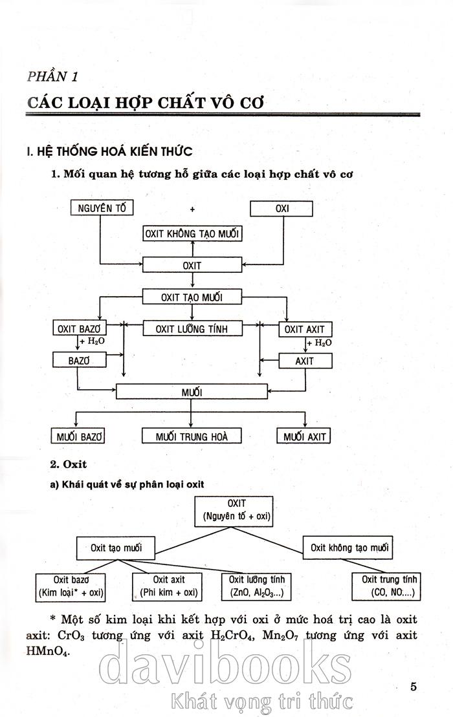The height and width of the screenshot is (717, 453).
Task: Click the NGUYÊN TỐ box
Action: pyautogui.click(x=102, y=208)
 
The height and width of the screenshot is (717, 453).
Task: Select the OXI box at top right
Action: pyautogui.click(x=281, y=208)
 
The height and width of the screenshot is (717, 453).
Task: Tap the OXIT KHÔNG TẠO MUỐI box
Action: pyautogui.click(x=192, y=233)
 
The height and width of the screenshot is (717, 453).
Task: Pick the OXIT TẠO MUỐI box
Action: pyautogui.click(x=192, y=297)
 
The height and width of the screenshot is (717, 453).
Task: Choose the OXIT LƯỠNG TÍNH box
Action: pyautogui.click(x=192, y=328)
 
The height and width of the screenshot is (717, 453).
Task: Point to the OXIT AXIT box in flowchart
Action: pyautogui.click(x=304, y=328)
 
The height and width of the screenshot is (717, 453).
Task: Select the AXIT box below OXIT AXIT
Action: pyautogui.click(x=304, y=361)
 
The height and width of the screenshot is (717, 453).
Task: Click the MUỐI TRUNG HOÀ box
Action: pyautogui.click(x=192, y=436)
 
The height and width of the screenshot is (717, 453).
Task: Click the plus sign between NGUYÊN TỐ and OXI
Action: pyautogui.click(x=192, y=209)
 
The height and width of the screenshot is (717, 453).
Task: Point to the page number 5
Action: pyautogui.click(x=413, y=668)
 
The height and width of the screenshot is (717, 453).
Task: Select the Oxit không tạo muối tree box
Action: pyautogui.click(x=349, y=548)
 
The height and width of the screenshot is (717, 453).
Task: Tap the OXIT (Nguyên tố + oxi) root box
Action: pyautogui.click(x=236, y=510)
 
